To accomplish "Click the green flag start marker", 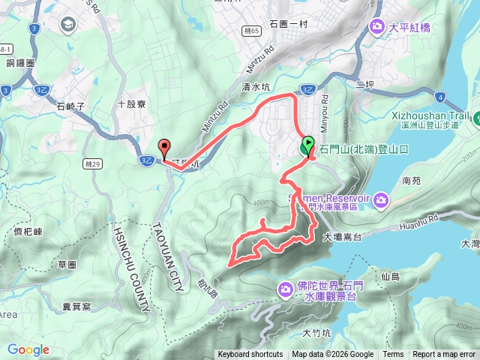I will click(307, 143).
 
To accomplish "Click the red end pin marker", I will click(165, 147).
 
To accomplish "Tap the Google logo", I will click(28, 349).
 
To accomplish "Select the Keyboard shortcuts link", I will click(250, 355).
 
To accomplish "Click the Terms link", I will click(393, 355).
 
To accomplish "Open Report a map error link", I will click(445, 355).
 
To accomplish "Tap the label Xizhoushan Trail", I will click(430, 116).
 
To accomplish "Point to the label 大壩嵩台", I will click(343, 236).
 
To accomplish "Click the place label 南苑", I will click(412, 181).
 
